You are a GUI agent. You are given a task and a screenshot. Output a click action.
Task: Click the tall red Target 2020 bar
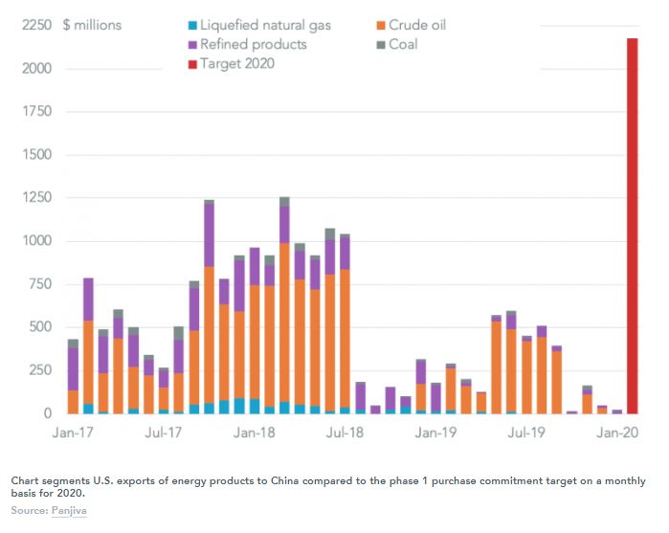633,226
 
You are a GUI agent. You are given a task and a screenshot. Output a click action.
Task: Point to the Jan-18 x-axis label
254,433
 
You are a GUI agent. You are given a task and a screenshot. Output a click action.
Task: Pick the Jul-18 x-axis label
344,433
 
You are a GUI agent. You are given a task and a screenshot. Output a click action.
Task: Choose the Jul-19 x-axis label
525,433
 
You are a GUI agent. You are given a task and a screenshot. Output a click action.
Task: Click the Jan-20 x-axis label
615,433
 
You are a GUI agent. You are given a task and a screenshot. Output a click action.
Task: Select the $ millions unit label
92,25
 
